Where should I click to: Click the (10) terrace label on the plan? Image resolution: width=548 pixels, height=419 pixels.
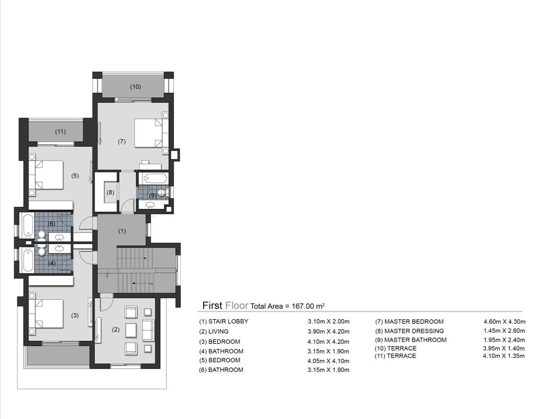136,87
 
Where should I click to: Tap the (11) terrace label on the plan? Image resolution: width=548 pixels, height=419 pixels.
61,131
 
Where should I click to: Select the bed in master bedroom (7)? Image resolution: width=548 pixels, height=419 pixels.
148,133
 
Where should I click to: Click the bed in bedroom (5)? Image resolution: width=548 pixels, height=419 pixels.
46,175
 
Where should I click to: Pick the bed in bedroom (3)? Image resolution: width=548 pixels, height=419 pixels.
46,314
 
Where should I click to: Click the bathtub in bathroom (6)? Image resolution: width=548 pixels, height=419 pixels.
28,226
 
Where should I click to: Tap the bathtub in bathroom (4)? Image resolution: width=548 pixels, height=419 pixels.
28,260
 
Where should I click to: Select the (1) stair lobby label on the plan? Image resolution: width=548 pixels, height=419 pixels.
122,231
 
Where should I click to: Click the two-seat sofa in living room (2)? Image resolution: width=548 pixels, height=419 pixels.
148,331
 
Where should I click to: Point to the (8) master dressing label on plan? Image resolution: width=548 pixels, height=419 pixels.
111,192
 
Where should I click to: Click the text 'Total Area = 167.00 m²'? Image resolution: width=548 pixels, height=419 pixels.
287,306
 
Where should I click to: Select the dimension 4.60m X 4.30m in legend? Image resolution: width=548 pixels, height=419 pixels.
504,321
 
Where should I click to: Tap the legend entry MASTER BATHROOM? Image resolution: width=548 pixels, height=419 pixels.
415,340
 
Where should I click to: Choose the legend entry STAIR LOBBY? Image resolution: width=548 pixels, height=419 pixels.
228,321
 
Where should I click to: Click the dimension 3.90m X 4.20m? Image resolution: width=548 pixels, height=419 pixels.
328,332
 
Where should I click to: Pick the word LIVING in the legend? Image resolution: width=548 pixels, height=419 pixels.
218,331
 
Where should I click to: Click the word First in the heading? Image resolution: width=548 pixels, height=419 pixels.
212,305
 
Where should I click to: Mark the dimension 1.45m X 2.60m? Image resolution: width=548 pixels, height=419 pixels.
504,331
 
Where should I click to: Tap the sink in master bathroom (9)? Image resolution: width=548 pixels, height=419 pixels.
150,205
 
